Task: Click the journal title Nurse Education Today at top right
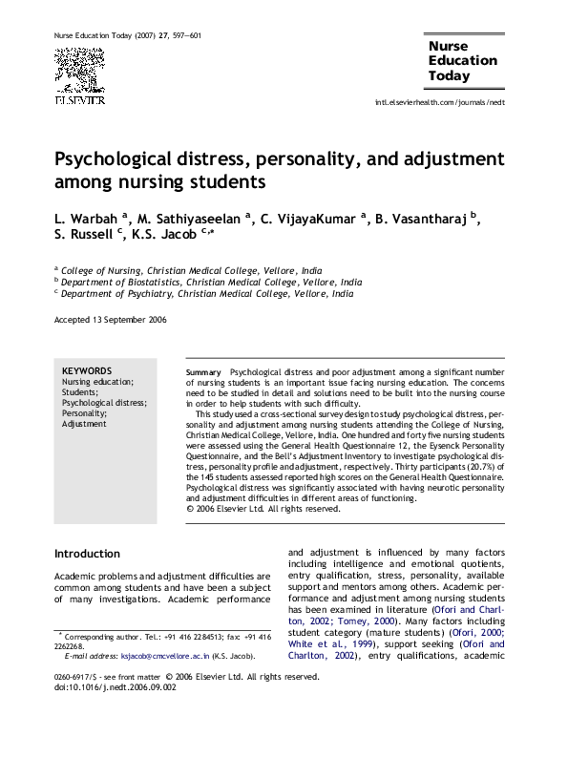462,60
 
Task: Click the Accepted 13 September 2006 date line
110,320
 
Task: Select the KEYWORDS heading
87,370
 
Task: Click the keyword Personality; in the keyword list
84,413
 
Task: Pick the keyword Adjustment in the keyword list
84,424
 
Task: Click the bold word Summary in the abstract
203,370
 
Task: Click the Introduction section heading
87,554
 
